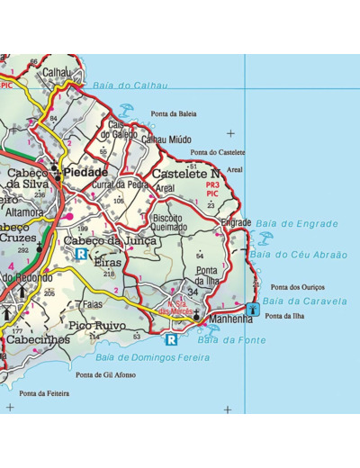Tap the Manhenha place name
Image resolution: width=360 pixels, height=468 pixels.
pos(231,319)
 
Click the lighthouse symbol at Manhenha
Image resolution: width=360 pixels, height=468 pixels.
pos(253,310)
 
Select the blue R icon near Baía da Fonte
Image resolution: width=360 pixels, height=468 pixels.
pos(171,339)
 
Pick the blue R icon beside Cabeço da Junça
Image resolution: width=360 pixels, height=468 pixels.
pos(81,255)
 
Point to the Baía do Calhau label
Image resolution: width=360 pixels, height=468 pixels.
pos(130,85)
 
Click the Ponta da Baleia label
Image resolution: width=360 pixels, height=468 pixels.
pos(174,114)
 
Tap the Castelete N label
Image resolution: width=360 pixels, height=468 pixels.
pos(185,174)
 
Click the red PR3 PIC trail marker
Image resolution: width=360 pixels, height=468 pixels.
pos(212,189)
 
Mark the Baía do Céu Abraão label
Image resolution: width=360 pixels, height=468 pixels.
pos(299,255)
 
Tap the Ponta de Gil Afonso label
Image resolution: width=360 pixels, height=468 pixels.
pos(106,374)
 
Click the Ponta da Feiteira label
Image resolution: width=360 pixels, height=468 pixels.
pos(45,393)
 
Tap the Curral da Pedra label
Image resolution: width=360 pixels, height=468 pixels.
pos(120,184)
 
